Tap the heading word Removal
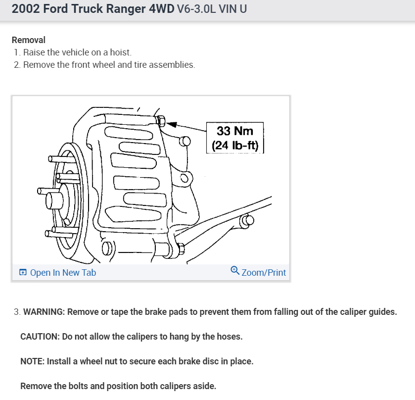(29, 40)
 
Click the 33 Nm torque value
(234, 131)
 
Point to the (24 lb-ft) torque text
(234, 146)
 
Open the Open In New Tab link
(63, 273)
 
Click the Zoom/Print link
(264, 273)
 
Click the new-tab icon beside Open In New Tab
(23, 273)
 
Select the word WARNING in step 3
(44, 312)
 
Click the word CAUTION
(40, 337)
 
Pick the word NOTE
(32, 361)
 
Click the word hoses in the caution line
(229, 337)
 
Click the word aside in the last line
(205, 386)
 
